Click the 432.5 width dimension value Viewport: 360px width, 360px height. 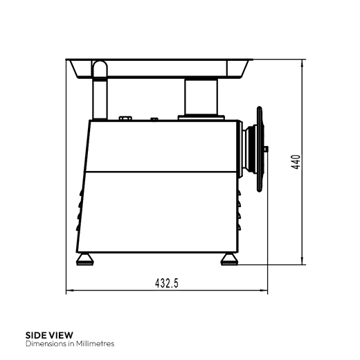point(167,283)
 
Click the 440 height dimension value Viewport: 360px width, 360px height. point(296,162)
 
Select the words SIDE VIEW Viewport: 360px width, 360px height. point(49,335)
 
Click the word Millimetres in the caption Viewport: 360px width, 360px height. point(95,343)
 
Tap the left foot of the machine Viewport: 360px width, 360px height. point(85,260)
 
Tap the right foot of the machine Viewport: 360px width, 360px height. point(229,260)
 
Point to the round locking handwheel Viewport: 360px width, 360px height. point(260,149)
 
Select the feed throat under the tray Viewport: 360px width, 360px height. point(201,97)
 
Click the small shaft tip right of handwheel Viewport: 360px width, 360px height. point(267,149)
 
